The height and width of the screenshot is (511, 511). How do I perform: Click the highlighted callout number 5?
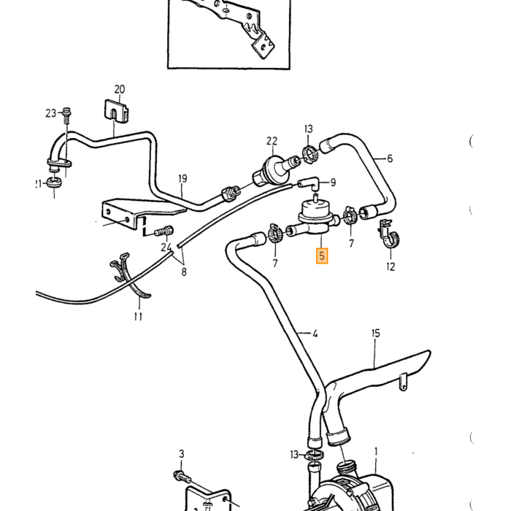(x=322, y=255)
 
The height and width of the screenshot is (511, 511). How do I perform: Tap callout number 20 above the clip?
(x=120, y=89)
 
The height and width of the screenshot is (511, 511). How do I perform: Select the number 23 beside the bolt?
(x=51, y=113)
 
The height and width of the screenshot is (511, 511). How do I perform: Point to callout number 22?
(x=272, y=141)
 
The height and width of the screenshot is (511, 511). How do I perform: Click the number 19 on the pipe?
(x=182, y=179)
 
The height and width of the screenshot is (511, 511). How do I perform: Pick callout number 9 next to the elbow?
(x=333, y=182)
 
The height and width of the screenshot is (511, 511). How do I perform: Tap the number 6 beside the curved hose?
(x=390, y=158)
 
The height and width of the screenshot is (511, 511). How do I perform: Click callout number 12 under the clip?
(x=391, y=266)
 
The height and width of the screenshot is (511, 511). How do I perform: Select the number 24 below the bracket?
(x=166, y=247)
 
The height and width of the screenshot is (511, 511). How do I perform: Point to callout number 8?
(x=184, y=272)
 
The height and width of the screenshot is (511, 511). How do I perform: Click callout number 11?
(x=138, y=316)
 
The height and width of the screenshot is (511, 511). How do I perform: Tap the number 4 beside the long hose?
(x=315, y=334)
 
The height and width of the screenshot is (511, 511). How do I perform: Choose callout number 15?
(x=376, y=333)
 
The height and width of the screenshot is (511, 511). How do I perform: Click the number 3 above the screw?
(x=182, y=453)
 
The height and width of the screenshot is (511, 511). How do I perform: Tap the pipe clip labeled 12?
(x=389, y=234)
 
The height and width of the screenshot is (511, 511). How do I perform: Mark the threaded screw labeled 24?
(x=164, y=231)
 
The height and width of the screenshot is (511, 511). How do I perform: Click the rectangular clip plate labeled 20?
(x=116, y=111)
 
